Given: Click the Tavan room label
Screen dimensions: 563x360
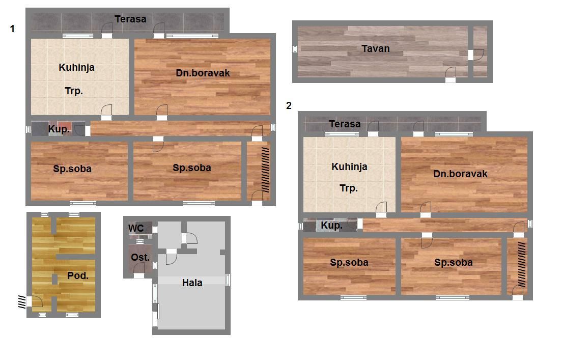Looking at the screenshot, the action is (x=376, y=48).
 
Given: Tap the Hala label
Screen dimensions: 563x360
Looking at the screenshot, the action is (x=192, y=283).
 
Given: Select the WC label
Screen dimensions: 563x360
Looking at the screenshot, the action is (x=136, y=228).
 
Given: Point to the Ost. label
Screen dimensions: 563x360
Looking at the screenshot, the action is (x=140, y=257).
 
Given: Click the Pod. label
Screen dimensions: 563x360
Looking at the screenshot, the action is (x=78, y=275).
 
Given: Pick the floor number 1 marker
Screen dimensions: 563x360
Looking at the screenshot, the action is (x=13, y=29).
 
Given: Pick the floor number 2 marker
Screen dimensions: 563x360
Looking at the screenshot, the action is (x=289, y=105).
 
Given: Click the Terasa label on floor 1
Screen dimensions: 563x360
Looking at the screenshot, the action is (x=130, y=19).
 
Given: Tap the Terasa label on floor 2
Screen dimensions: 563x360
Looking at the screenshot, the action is (x=345, y=124).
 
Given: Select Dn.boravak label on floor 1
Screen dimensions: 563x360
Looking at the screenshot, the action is (x=203, y=73).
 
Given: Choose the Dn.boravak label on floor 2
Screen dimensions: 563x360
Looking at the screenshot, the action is (x=460, y=174).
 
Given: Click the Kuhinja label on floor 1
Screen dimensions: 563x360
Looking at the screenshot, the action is (x=76, y=68).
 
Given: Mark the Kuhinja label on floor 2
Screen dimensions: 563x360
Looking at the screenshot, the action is (x=349, y=167).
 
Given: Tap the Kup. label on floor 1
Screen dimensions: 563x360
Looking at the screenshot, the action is (x=59, y=129).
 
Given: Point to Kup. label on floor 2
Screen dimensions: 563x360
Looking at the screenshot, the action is (x=331, y=226).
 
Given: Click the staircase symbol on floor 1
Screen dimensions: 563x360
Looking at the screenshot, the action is (x=265, y=170).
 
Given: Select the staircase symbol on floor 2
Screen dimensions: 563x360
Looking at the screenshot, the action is (x=522, y=264).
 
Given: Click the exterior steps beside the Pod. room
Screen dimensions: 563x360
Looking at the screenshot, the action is (x=22, y=302).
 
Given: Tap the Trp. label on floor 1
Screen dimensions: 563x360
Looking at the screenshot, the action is (x=74, y=91).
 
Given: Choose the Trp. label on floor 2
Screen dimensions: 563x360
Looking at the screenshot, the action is (x=349, y=188).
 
